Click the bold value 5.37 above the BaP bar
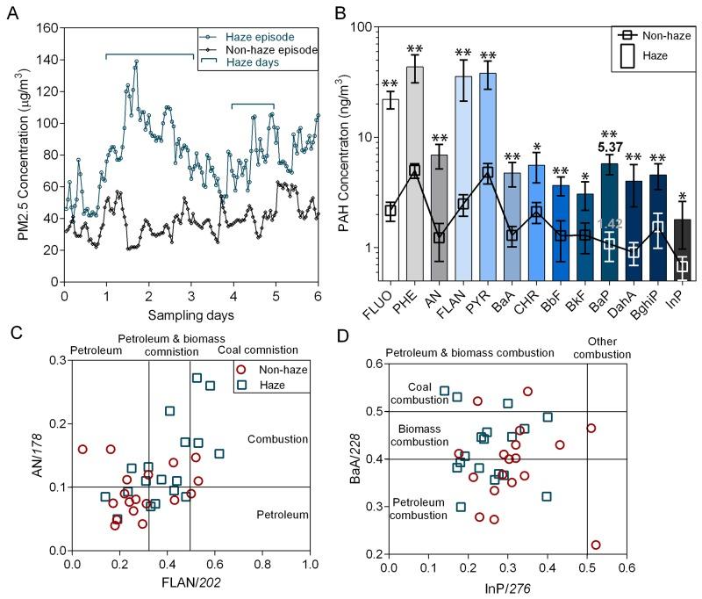[x=610, y=148]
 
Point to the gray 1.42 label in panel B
[x=609, y=223]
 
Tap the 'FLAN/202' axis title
[x=191, y=580]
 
